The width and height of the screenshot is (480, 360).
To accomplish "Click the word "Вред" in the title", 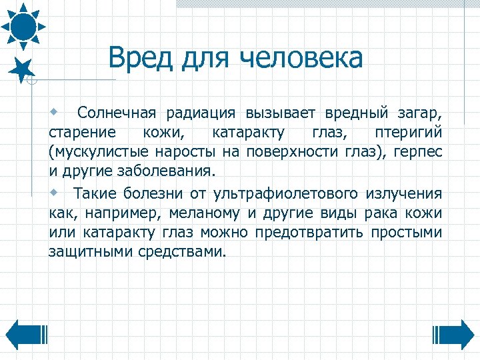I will pos(137,58).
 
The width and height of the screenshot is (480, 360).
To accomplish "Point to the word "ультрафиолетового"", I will pos(286,194).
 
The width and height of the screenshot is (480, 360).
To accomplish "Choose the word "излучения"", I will pos(403,194).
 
